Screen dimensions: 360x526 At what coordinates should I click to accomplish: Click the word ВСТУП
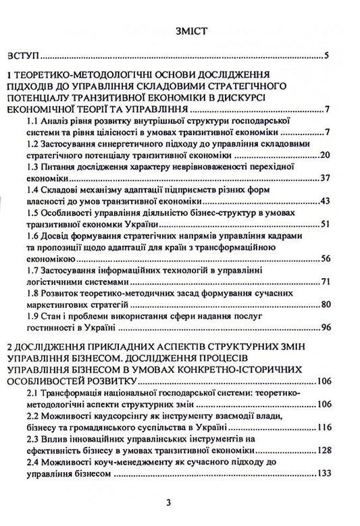pyautogui.click(x=23, y=55)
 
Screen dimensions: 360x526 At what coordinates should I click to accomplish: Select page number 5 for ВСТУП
pyautogui.click(x=326, y=55)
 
